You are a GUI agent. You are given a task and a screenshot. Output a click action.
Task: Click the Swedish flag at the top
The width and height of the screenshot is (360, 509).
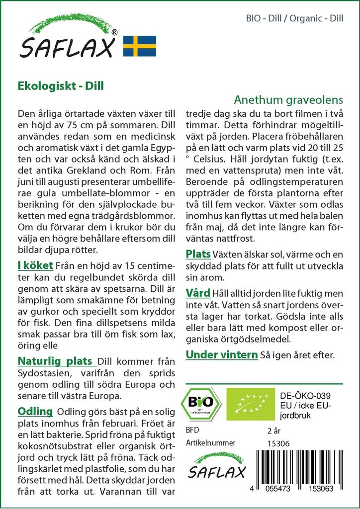139,46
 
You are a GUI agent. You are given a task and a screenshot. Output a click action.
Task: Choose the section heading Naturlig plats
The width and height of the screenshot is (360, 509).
55,360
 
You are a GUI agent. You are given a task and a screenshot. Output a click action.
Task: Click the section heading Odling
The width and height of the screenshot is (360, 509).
35,411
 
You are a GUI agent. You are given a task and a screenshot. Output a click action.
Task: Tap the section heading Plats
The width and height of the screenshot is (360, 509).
198,254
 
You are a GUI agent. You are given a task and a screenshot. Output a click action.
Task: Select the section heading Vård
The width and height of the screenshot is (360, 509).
197,292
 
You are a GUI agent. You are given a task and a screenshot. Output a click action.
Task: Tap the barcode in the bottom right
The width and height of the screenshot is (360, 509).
302,469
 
